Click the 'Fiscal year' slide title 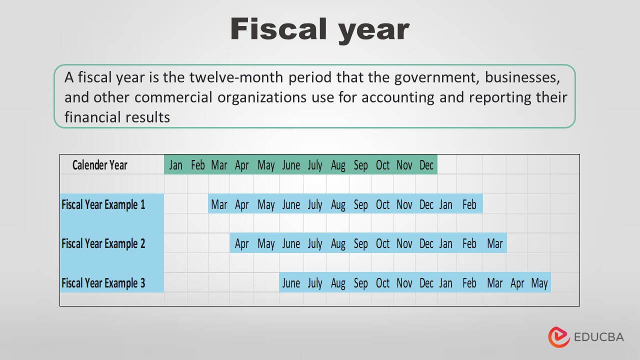(320, 29)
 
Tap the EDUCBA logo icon (559, 337)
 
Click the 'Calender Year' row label (100, 165)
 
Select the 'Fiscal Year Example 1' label (103, 204)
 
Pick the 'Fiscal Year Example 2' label (103, 243)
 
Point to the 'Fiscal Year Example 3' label (103, 283)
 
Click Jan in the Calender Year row (175, 165)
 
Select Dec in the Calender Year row (426, 165)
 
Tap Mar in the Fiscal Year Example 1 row (219, 204)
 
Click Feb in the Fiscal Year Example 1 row (469, 204)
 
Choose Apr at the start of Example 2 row (241, 243)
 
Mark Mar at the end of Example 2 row (494, 243)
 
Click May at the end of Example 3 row (539, 283)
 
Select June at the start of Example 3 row (291, 283)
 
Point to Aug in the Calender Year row (338, 165)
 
